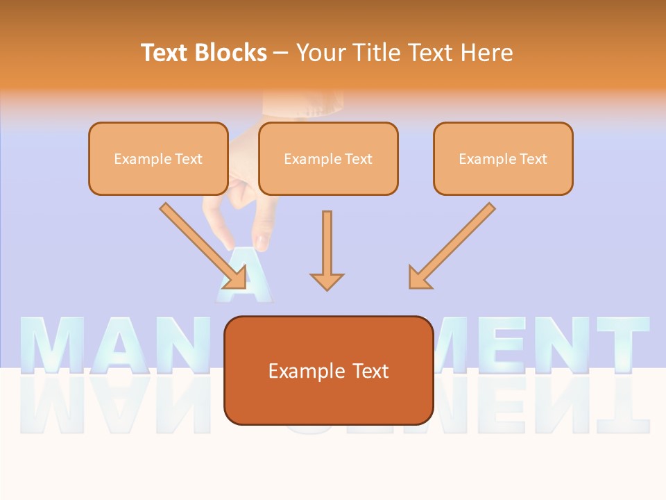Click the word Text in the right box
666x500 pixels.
point(533,159)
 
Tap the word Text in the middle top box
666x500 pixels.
point(358,159)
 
